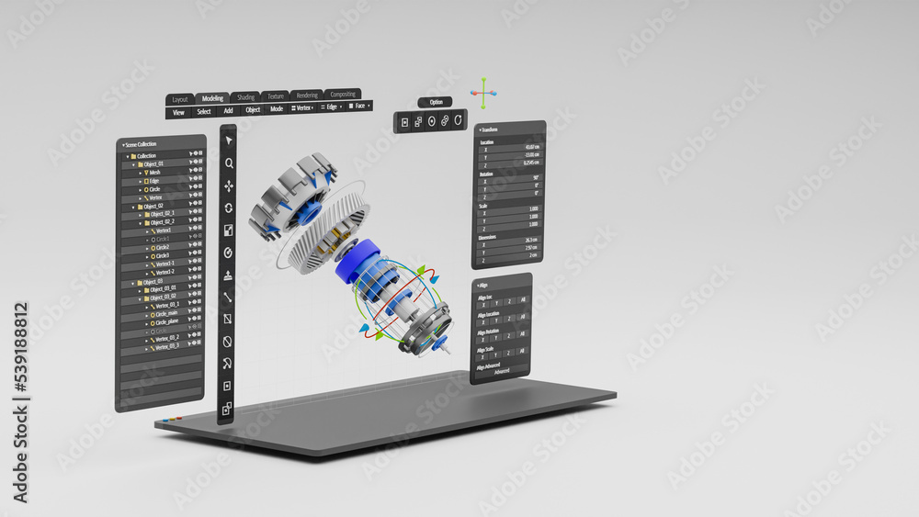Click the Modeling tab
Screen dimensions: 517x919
coord(212,98)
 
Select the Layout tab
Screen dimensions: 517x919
coord(180,99)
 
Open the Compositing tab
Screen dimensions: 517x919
coord(343,94)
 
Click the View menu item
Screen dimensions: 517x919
coord(178,112)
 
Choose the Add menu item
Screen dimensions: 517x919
coord(228,111)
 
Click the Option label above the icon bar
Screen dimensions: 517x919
coord(436,102)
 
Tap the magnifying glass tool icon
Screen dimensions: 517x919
coord(229,163)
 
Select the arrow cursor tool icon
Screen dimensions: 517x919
coord(229,140)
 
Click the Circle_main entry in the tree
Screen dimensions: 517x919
coord(165,313)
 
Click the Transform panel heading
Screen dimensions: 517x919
coord(490,129)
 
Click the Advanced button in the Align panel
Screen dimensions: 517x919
coord(502,371)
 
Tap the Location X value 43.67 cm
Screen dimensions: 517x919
coord(531,147)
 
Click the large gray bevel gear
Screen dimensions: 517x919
coord(327,231)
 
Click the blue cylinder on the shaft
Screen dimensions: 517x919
coord(357,262)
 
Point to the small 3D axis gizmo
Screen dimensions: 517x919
coord(483,92)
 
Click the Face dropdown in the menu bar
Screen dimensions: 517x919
coord(358,106)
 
